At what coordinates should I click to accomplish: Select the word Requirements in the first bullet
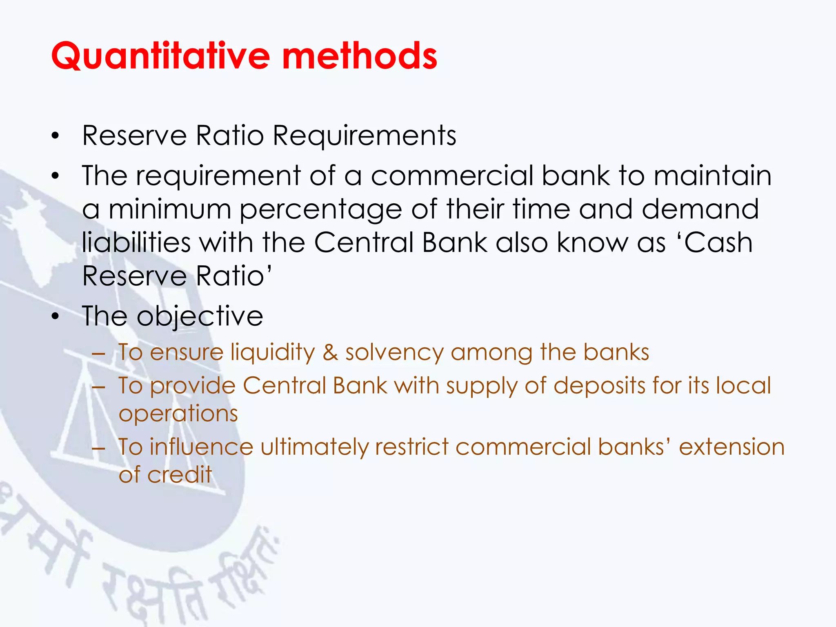pos(364,136)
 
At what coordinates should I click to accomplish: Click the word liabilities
pos(136,242)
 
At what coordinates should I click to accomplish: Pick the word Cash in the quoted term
pos(718,242)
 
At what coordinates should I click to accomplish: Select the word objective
pos(200,316)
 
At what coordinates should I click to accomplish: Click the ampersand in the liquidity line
pos(330,352)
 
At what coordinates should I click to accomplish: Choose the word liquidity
pos(273,352)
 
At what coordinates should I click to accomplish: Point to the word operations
pos(178,414)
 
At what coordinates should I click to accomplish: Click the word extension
pos(731,447)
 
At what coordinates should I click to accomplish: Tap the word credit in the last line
pos(180,475)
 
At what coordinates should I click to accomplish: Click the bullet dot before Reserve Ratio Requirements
pos(56,136)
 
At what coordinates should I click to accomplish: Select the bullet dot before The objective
pos(56,317)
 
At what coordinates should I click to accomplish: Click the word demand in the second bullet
pos(700,209)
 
